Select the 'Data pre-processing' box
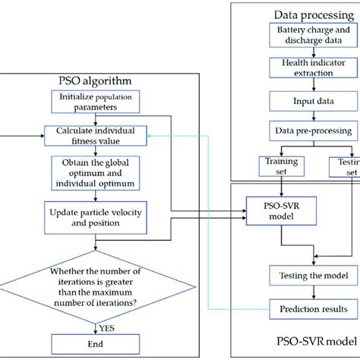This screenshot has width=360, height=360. click(308, 131)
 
